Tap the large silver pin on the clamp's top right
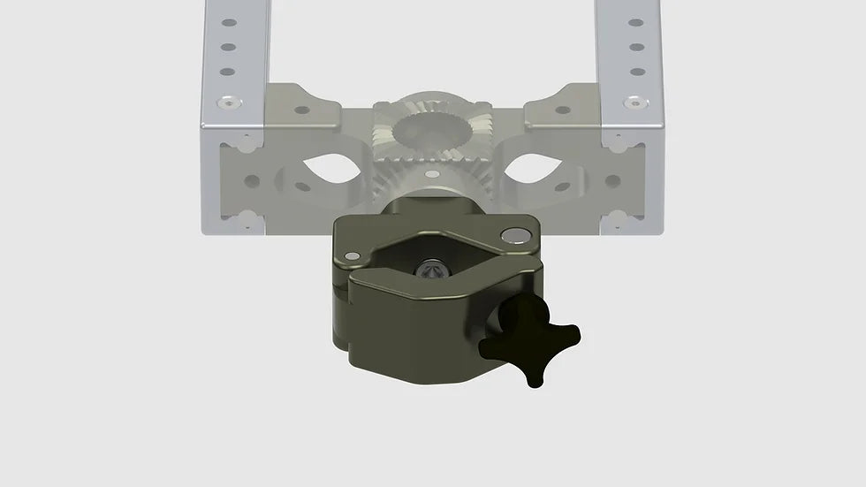pyautogui.click(x=510, y=235)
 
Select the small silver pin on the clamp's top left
pyautogui.click(x=353, y=255)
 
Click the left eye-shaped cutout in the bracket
pyautogui.click(x=330, y=168)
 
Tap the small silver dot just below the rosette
pyautogui.click(x=431, y=174)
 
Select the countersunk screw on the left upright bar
pyautogui.click(x=229, y=103)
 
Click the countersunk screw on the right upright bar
pyautogui.click(x=635, y=103)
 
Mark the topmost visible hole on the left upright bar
pyautogui.click(x=229, y=23)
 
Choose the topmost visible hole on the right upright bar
pyautogui.click(x=635, y=23)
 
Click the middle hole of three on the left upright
pyautogui.click(x=229, y=48)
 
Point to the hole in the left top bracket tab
pyautogui.click(x=302, y=110)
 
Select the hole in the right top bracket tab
pyautogui.click(x=562, y=110)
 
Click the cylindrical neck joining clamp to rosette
pyautogui.click(x=432, y=205)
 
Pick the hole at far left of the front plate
pyautogui.click(x=252, y=181)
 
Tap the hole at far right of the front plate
pyautogui.click(x=612, y=181)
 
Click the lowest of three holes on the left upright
pyautogui.click(x=229, y=72)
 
